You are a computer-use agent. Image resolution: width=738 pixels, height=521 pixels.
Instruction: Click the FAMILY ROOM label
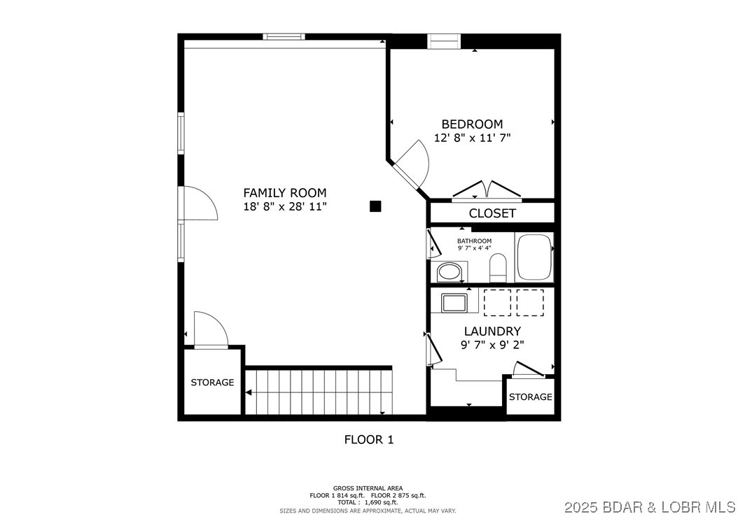coord(284,192)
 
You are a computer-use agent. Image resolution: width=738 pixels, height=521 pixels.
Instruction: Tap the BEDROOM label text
coord(472,124)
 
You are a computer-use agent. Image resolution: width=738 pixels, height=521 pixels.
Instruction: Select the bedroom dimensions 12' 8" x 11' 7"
coord(472,138)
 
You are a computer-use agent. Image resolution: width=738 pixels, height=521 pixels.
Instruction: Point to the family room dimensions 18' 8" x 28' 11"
coord(284,206)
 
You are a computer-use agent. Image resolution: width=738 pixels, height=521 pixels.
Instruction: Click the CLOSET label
coord(492,213)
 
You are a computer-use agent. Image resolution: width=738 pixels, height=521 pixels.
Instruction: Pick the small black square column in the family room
coord(375,206)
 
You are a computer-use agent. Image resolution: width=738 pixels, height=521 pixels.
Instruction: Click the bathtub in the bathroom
coord(534,257)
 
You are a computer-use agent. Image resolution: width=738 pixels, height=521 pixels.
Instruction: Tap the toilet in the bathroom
coord(498,268)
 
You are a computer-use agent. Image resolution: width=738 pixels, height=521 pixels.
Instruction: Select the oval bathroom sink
coord(450,271)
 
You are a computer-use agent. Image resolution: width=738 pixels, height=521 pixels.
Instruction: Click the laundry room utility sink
coord(454,303)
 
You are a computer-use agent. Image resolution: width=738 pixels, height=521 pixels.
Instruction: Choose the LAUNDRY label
coord(492,331)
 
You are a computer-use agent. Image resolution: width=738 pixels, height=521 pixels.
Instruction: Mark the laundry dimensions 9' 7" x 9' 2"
coord(492,345)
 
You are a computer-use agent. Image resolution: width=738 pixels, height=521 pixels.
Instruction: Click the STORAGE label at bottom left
coord(212,383)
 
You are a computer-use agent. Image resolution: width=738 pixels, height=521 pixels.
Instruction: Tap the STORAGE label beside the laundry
coord(530,397)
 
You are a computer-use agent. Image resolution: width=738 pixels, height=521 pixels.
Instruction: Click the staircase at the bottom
coord(319,392)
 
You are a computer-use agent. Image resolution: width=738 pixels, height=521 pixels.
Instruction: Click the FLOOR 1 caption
coord(368,440)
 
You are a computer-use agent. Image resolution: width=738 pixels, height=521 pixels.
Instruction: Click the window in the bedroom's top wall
coord(444,41)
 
